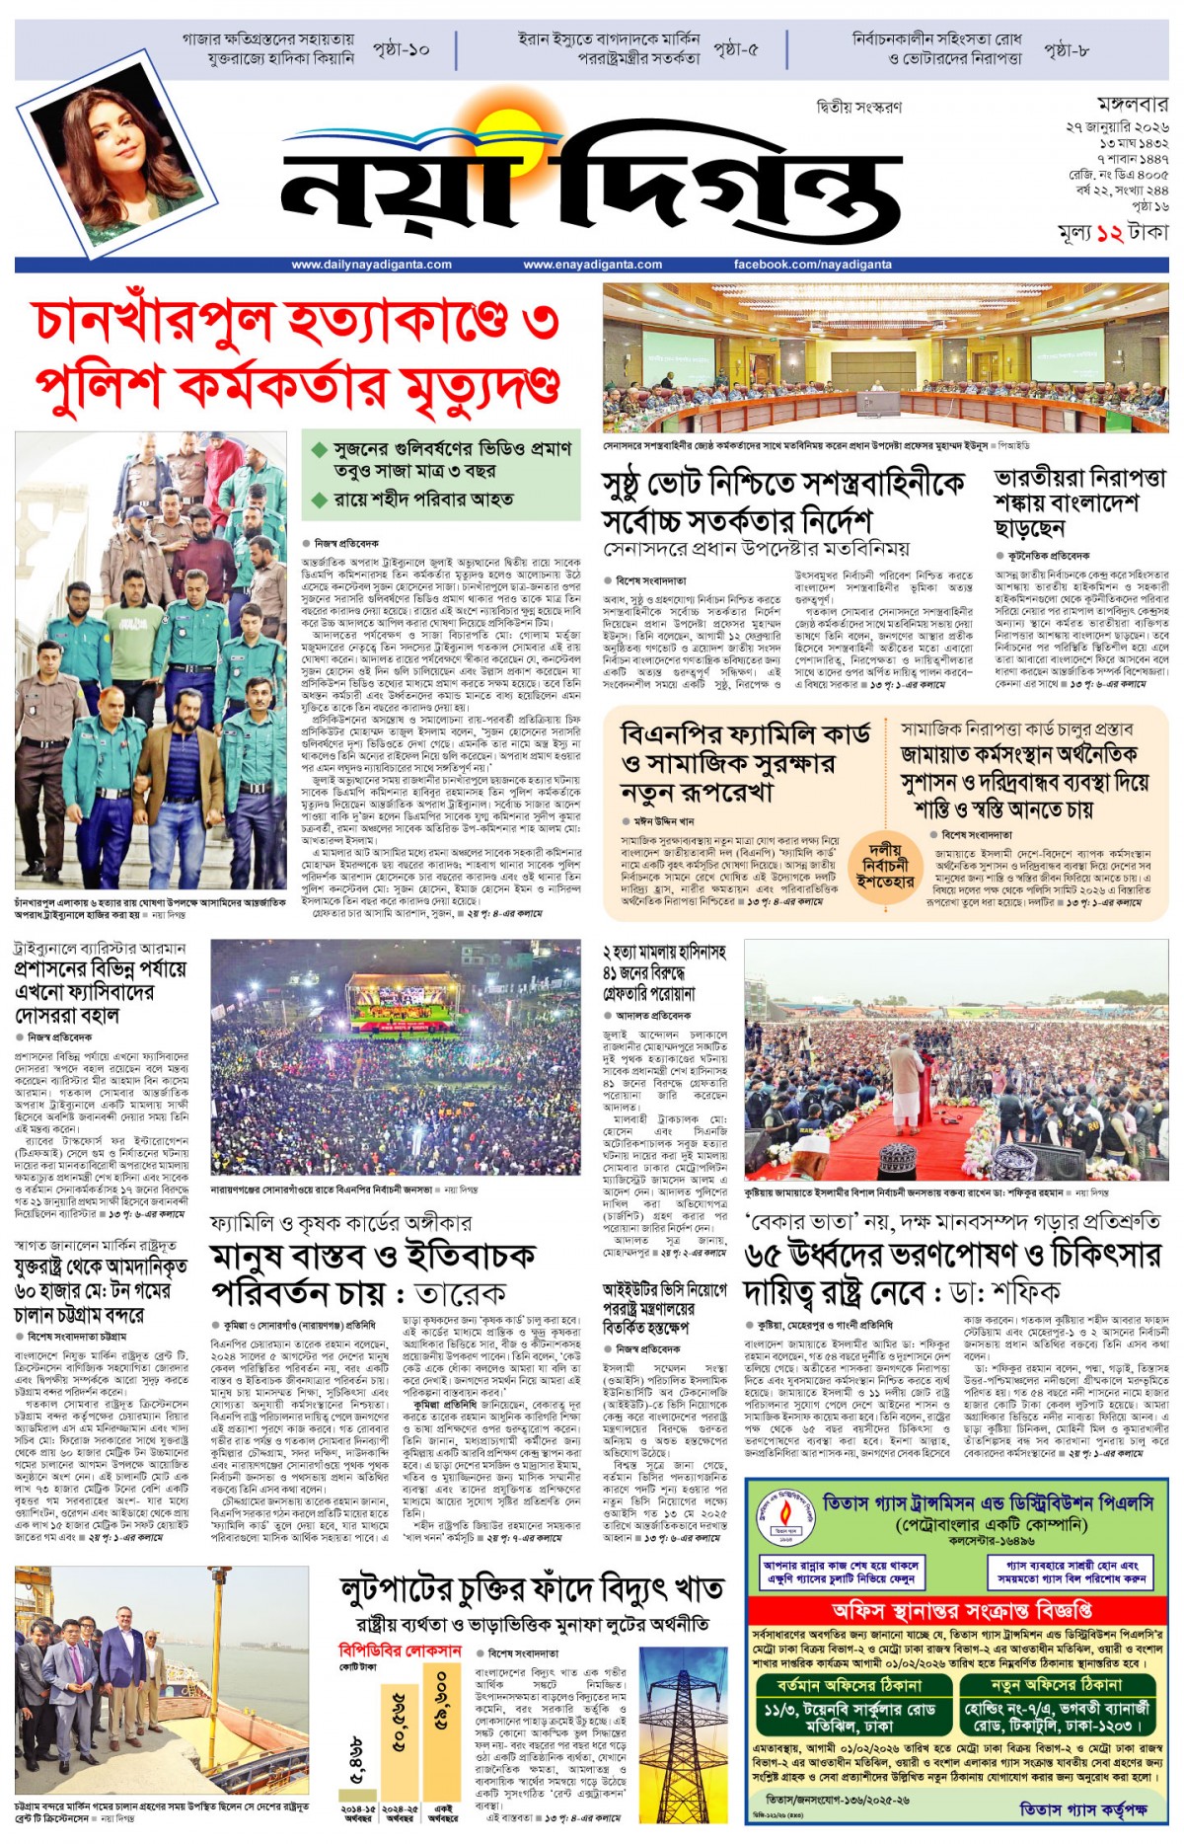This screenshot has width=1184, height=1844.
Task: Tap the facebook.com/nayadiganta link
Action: [x=812, y=265]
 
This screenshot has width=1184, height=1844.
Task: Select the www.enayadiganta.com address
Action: [x=592, y=265]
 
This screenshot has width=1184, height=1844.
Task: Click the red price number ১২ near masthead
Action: [x=1110, y=233]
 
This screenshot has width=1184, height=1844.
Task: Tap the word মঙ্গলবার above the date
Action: [x=1132, y=105]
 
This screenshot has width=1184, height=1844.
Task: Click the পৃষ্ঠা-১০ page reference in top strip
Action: [x=401, y=49]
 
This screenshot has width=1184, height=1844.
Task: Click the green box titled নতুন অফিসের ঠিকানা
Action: [x=1056, y=1684]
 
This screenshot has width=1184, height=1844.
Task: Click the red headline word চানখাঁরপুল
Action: [x=152, y=321]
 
